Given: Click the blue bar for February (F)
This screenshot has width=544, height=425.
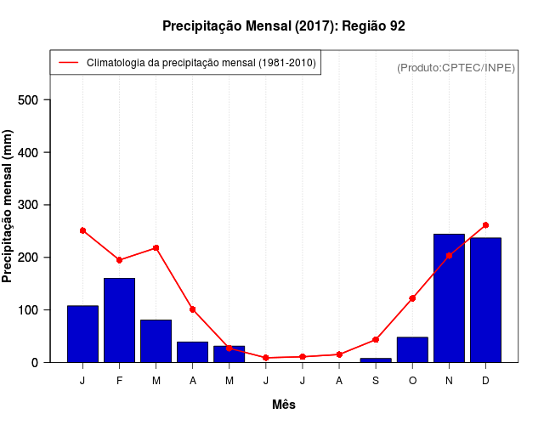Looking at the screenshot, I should pos(119,320).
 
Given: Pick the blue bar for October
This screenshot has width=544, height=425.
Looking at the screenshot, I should pos(412,349).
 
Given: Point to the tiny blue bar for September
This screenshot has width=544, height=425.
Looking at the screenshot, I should pos(376,360).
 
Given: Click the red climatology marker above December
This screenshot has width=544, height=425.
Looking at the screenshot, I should pos(485,225).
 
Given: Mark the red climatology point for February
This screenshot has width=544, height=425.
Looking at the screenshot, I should pos(119,260).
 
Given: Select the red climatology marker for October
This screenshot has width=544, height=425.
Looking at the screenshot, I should pos(412,298).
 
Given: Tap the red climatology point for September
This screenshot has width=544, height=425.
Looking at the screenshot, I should pos(376,340).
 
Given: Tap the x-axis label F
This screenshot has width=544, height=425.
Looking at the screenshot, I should pos(119,381).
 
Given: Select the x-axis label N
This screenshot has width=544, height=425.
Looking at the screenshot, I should pos(449,381).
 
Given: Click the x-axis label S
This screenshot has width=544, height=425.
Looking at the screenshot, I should pos(376,381).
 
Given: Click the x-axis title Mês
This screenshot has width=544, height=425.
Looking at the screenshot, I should pos(284,405).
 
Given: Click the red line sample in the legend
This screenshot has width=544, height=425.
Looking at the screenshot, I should pos(68,63).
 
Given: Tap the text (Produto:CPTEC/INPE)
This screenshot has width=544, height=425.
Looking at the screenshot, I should pos(456,67).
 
